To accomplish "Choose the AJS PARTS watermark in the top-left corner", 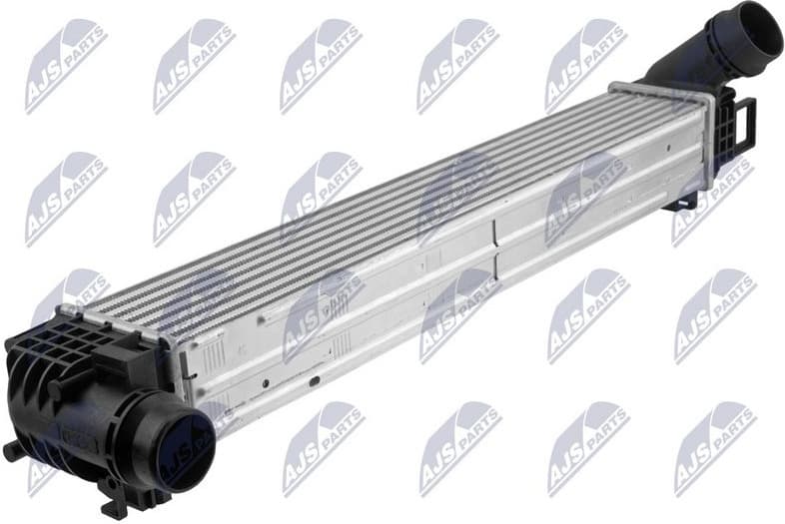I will pos(65,65).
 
